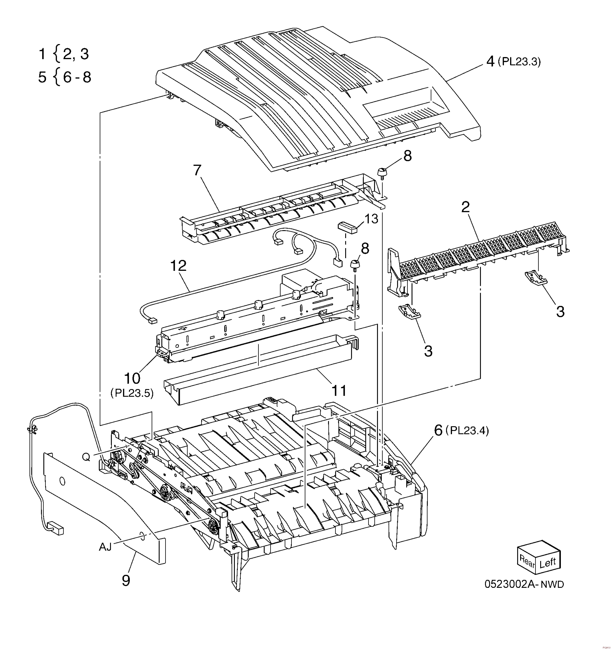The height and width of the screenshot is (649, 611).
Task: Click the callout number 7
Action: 197,170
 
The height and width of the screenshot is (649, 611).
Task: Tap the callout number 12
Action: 178,266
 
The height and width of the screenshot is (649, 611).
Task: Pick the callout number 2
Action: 465,207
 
